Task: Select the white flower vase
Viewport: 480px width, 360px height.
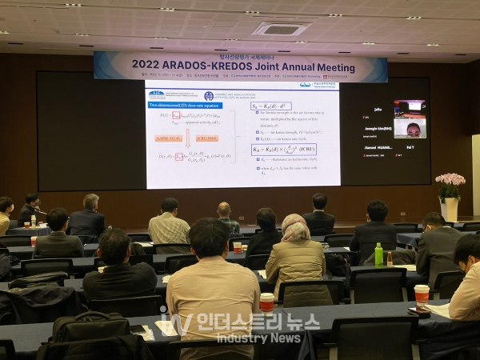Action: click(450, 209)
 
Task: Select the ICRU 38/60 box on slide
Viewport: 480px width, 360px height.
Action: click(207, 138)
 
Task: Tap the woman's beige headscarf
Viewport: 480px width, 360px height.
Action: click(295, 228)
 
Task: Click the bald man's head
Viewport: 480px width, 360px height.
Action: click(225, 210)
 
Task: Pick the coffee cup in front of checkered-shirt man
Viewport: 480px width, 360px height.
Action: click(237, 247)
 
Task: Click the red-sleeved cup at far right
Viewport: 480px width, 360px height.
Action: click(422, 294)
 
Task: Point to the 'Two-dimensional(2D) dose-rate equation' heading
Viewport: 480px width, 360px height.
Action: click(182, 105)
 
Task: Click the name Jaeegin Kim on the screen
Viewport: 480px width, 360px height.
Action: click(376, 128)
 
